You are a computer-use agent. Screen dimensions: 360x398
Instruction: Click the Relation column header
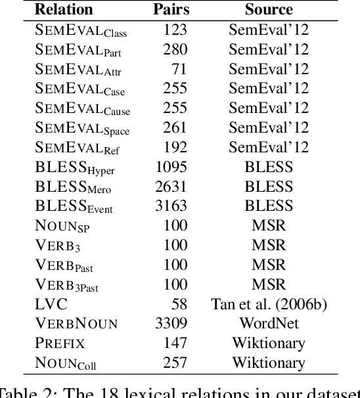64,10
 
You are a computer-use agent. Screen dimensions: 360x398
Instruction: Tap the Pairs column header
171,10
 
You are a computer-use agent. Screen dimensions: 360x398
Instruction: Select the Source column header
268,10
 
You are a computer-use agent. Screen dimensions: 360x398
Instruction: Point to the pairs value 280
175,49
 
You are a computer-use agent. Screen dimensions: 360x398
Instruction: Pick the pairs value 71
179,68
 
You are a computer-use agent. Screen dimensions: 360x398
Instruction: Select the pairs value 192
175,148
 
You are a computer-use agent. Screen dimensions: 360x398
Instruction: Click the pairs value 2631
171,187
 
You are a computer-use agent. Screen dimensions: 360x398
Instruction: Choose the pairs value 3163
171,206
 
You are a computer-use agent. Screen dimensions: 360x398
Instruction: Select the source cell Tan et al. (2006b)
268,304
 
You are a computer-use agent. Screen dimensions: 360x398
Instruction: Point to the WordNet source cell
268,323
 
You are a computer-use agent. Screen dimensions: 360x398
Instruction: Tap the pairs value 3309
171,323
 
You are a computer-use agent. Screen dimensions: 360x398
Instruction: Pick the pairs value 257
175,363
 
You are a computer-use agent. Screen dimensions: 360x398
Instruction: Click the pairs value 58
179,304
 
